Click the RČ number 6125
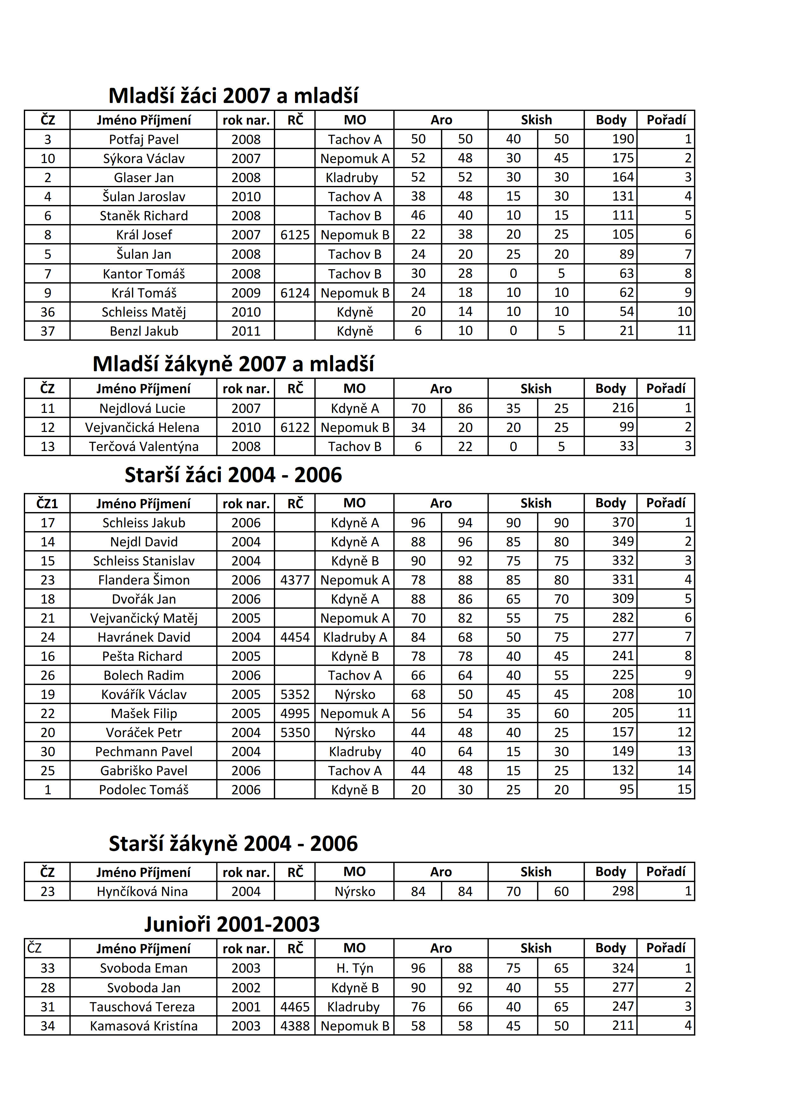295,235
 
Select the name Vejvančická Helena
142,428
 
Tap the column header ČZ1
47,503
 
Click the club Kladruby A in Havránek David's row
355,637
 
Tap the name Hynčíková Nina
142,892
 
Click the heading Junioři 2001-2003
232,924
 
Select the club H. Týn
355,968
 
